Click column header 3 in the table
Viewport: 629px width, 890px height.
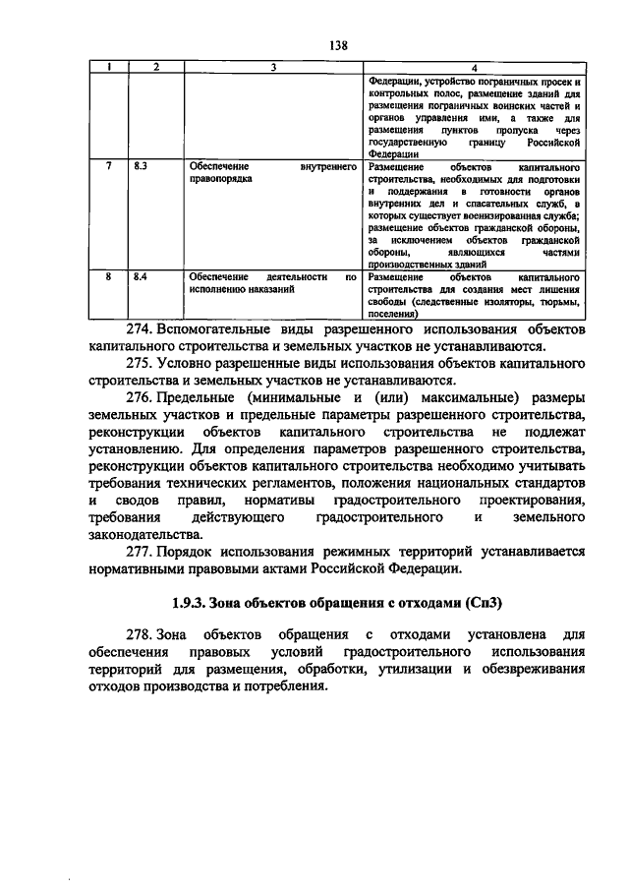coord(274,67)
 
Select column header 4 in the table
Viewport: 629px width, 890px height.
coord(475,67)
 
